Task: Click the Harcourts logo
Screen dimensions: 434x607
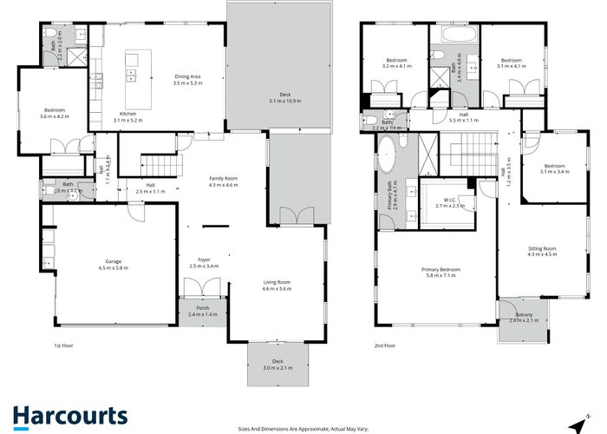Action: (69, 416)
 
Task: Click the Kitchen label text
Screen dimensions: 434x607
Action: (127, 116)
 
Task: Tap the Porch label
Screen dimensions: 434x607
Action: (204, 310)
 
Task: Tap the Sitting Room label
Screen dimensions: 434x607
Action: (543, 252)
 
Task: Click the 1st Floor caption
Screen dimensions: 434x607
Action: (64, 345)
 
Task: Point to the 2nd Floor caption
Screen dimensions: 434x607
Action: (384, 345)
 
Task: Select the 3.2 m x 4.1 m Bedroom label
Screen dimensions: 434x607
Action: (395, 63)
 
